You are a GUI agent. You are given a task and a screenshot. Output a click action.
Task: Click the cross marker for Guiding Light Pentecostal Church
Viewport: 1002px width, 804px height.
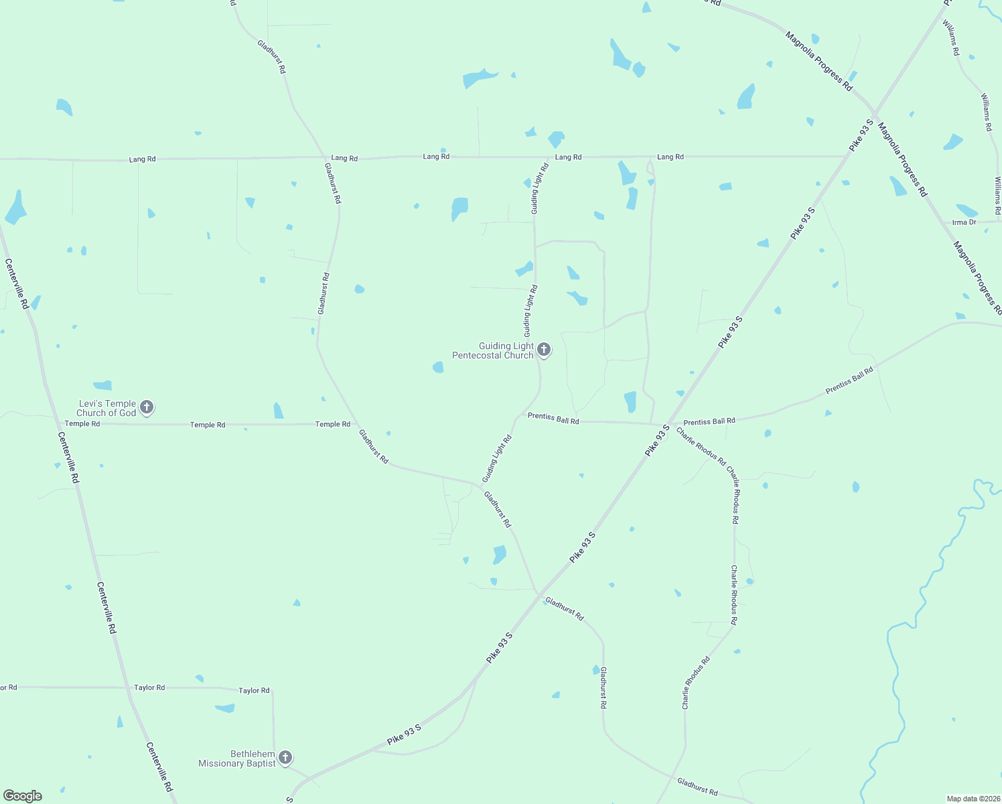[x=544, y=349]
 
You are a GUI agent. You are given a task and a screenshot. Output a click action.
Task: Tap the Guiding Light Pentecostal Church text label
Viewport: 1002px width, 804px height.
[x=494, y=350]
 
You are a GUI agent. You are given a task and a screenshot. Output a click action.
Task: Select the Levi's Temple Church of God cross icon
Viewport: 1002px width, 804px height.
[x=147, y=407]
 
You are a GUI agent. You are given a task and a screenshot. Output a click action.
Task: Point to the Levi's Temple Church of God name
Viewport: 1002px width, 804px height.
[x=107, y=408]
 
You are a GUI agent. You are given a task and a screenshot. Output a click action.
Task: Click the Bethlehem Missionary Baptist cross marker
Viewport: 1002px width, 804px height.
[x=285, y=757]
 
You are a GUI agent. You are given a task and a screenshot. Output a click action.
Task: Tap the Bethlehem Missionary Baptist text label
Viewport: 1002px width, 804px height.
[x=237, y=758]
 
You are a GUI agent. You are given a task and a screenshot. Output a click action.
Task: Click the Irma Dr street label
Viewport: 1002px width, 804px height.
[x=964, y=222]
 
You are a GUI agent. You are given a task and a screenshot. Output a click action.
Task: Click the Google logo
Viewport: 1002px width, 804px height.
[x=23, y=795]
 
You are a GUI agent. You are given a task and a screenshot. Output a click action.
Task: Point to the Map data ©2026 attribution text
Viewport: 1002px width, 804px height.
[x=973, y=799]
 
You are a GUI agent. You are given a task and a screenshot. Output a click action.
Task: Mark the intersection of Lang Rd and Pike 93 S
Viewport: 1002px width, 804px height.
[x=847, y=156]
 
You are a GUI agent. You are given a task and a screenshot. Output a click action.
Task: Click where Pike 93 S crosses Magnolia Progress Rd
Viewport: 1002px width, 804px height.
[x=874, y=113]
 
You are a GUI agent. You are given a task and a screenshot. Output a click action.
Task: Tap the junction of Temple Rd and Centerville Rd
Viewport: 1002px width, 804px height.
[x=58, y=423]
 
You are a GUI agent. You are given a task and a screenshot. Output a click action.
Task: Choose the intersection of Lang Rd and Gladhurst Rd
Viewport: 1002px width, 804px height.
[x=325, y=158]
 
